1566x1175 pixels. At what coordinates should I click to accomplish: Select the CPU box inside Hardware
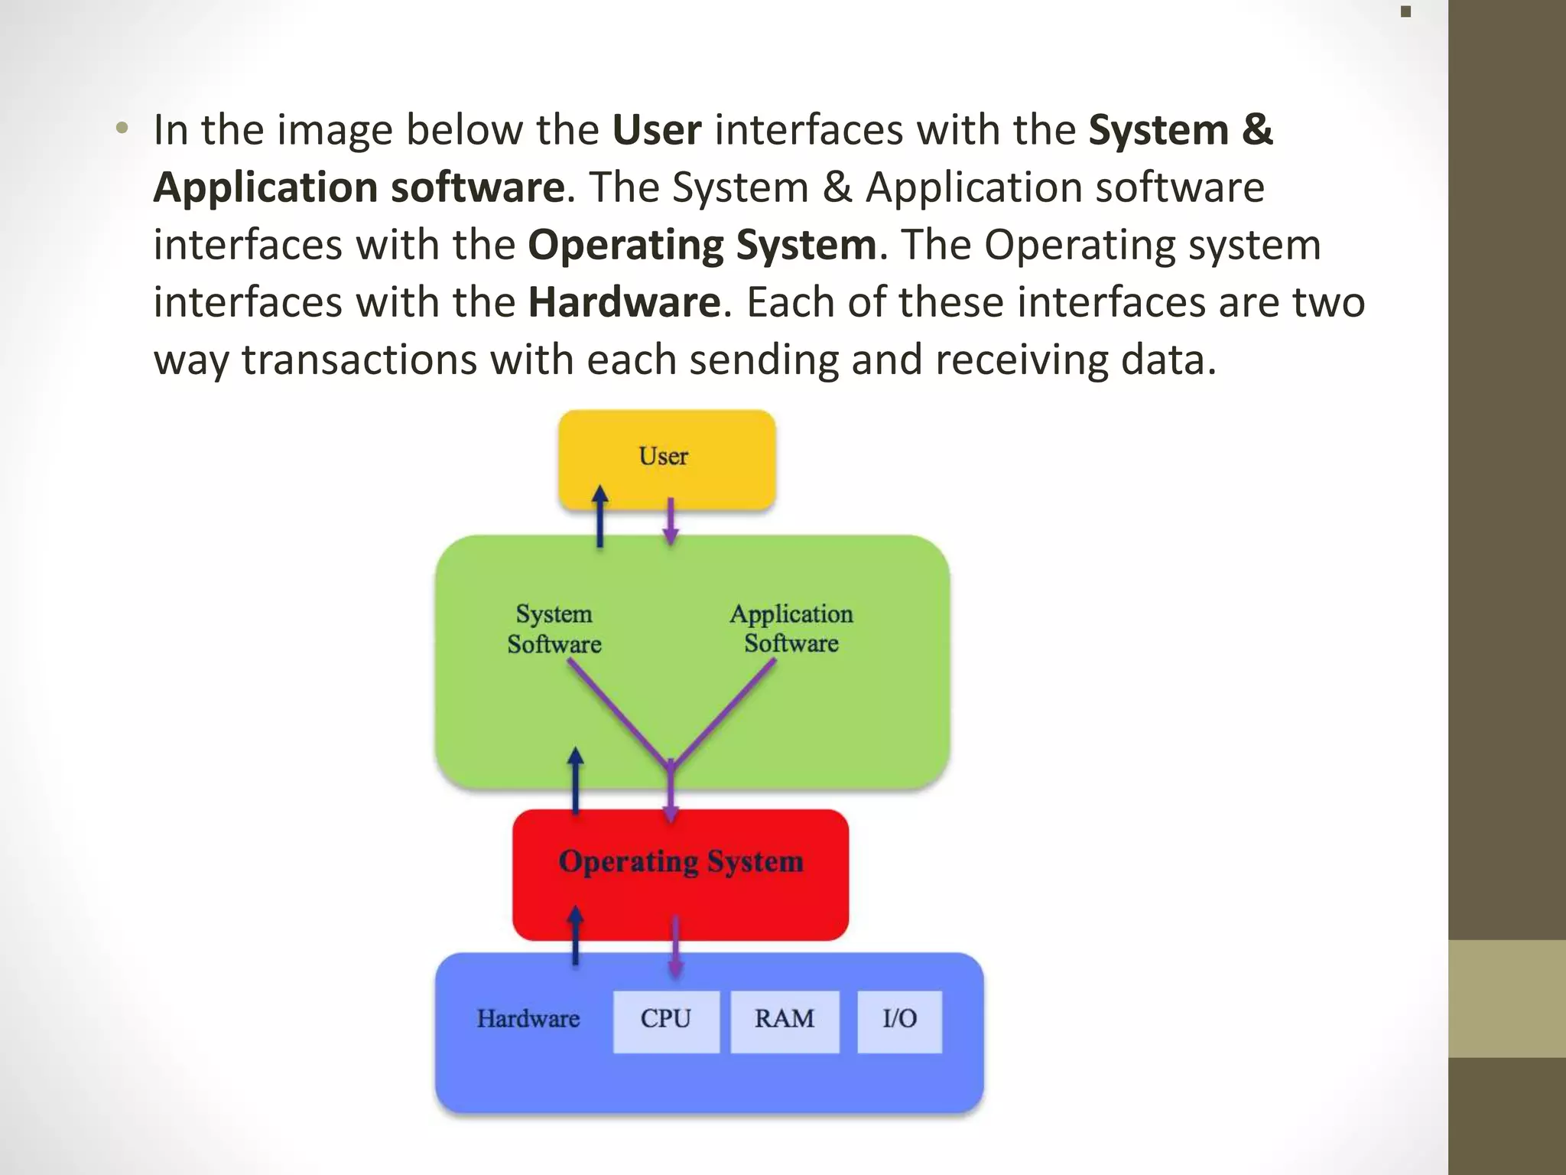(x=665, y=1020)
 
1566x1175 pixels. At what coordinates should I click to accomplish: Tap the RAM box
(x=784, y=1020)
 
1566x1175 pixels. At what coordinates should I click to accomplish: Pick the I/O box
(x=898, y=1020)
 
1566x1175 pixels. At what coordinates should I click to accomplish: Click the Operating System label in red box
(x=681, y=862)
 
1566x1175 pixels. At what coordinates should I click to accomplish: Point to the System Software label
(x=554, y=629)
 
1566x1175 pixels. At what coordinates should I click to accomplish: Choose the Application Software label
(x=791, y=629)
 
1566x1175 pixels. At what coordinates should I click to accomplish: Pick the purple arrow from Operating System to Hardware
(x=676, y=947)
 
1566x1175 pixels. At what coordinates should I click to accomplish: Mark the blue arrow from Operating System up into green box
(x=576, y=780)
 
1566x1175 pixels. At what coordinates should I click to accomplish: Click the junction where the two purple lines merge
(x=671, y=766)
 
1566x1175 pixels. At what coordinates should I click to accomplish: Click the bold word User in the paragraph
(x=656, y=130)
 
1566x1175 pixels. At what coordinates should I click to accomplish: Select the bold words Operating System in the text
(x=701, y=245)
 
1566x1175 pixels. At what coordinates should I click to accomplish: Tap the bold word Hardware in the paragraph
(x=624, y=302)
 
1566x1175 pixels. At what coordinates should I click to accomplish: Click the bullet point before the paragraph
(x=122, y=129)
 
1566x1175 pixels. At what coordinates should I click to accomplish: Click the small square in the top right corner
(x=1405, y=11)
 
